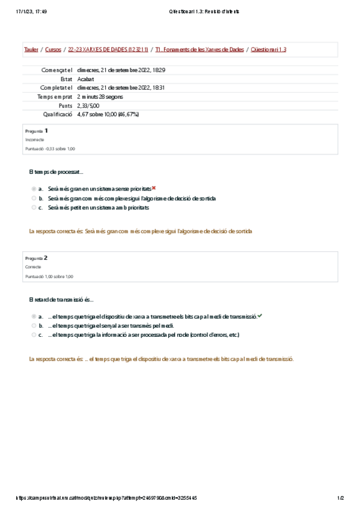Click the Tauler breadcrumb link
(x=31, y=49)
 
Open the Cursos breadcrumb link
(x=53, y=49)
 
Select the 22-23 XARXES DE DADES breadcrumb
(x=108, y=49)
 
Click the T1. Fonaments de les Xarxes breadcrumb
(x=200, y=49)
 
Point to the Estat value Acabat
(x=85, y=79)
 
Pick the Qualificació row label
(x=57, y=114)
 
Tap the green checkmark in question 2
(x=260, y=316)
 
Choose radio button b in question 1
(x=34, y=198)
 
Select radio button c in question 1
(x=34, y=207)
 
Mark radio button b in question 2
(x=34, y=325)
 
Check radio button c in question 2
(x=34, y=335)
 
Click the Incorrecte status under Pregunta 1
(x=35, y=140)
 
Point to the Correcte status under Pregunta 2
(x=34, y=267)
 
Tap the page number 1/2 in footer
(x=340, y=498)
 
